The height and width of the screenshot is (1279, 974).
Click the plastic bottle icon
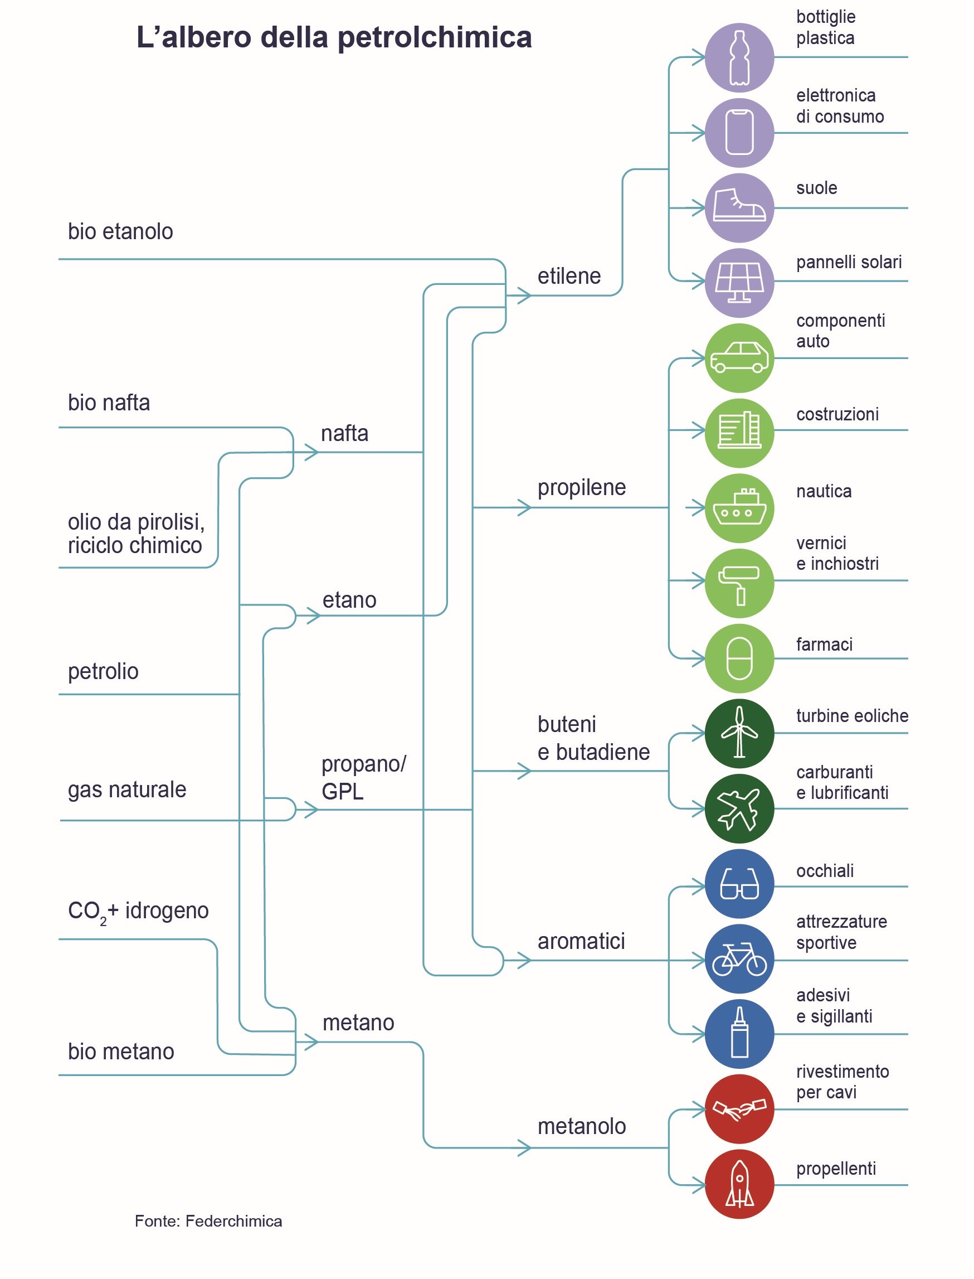pos(739,57)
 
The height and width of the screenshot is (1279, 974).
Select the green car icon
pos(739,358)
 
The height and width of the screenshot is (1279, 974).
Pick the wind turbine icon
pos(739,733)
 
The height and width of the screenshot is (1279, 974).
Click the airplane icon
pos(739,808)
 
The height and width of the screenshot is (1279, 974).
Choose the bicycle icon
pos(739,960)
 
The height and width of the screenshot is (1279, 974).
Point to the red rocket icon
pos(739,1184)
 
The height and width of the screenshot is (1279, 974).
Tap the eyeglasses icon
pos(739,885)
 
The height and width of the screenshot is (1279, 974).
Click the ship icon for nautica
pos(739,508)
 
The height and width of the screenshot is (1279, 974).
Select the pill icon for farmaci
pos(739,658)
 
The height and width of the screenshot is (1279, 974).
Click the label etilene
pos(569,277)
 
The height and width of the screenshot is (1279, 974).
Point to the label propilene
pos(582,488)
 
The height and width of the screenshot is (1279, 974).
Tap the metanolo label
pos(582,1126)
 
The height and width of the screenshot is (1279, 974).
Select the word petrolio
pos(103,672)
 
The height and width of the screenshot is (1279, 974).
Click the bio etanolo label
pos(120,232)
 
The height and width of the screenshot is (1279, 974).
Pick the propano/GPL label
pos(363,778)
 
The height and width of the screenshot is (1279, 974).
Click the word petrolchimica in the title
pos(434,38)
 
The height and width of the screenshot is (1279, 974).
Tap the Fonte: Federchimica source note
pos(208,1221)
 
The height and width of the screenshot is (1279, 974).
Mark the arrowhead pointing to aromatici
pos(524,961)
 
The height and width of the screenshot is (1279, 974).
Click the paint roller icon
pos(739,584)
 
